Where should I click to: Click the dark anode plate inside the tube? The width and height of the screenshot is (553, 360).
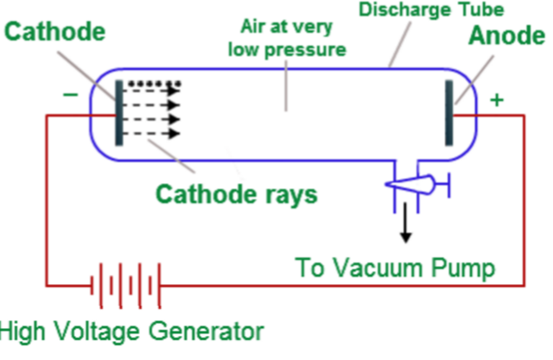(x=448, y=113)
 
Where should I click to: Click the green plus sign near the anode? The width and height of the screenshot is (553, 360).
(x=497, y=100)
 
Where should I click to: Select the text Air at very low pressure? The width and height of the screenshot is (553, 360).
(x=286, y=40)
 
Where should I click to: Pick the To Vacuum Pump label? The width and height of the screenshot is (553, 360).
(x=396, y=268)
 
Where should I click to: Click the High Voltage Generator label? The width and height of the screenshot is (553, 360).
(x=130, y=332)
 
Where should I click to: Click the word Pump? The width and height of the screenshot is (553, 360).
(x=464, y=268)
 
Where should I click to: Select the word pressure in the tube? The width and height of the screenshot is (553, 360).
(x=308, y=49)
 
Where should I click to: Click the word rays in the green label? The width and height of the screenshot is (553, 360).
(x=290, y=193)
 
